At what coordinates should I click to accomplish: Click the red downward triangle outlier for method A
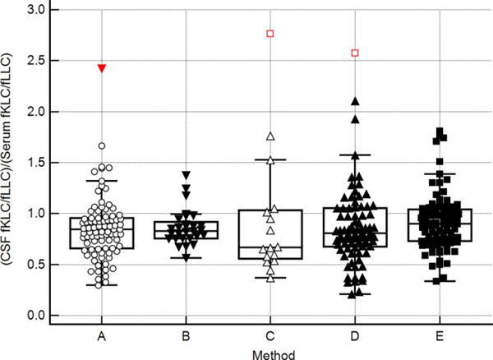coord(101,68)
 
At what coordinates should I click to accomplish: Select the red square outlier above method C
coord(270,34)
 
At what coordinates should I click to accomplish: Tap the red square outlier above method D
coord(355,53)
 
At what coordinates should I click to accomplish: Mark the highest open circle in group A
coord(101,145)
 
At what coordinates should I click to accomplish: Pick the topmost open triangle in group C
coord(270,136)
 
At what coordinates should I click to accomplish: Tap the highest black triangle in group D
coord(355,101)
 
